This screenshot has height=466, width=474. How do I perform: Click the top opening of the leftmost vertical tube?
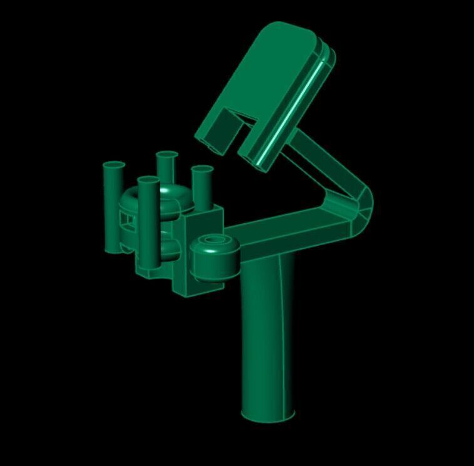pos(114,166)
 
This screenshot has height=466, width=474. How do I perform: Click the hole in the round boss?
pos(214,240)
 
